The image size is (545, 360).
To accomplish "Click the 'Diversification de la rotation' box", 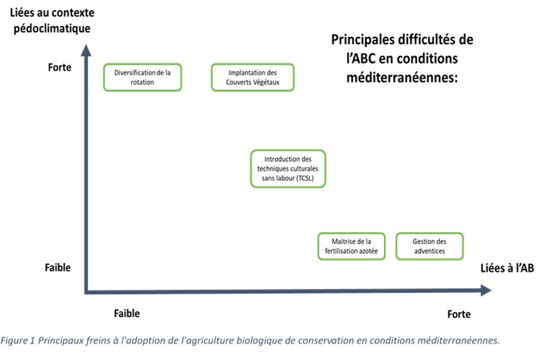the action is (x=142, y=77).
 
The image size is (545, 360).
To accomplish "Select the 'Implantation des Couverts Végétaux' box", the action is (x=253, y=77).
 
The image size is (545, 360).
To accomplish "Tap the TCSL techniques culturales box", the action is (x=288, y=169).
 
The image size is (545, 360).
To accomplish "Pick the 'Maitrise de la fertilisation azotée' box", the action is (x=352, y=246).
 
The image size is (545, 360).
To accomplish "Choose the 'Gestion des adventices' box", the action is (x=430, y=246).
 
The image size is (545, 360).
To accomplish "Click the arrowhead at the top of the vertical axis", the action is (x=86, y=50).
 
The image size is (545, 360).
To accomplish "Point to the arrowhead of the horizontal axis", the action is (x=486, y=290).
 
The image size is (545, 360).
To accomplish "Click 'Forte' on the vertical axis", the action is (x=59, y=67).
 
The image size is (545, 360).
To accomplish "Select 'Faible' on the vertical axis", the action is (x=58, y=268).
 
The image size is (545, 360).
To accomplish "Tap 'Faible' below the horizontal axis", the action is (x=127, y=313).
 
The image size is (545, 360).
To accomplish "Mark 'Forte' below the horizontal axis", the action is (x=459, y=314).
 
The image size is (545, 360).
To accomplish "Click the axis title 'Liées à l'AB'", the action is (x=507, y=268).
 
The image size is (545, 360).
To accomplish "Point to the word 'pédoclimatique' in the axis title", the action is (x=52, y=28).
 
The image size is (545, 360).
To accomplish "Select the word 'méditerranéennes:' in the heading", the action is (x=402, y=77).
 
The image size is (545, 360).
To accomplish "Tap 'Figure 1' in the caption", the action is (x=17, y=341).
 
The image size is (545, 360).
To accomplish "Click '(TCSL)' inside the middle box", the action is (x=305, y=178).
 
